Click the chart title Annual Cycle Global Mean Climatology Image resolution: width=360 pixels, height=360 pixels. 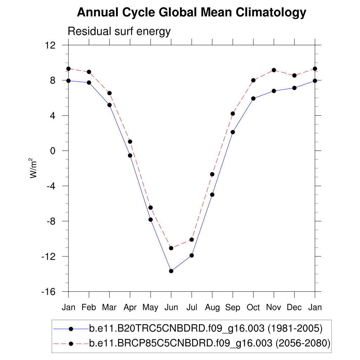tap(192, 13)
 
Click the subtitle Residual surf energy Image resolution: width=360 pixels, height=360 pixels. tap(119, 31)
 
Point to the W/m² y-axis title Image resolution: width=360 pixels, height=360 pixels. tap(33, 168)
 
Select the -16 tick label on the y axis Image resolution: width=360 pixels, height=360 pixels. tap(50, 292)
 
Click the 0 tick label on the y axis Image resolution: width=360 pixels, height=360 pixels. tap(54, 151)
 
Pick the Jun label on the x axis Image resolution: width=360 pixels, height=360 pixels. tap(171, 308)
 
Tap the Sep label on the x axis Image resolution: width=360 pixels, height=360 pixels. tap(233, 308)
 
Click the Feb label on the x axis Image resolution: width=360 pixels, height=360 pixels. tap(89, 308)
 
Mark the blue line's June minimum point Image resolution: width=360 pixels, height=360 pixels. tap(171, 271)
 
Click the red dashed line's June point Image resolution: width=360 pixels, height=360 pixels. tap(171, 248)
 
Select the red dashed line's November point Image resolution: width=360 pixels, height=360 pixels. tap(274, 70)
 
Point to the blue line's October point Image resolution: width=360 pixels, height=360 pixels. tap(253, 98)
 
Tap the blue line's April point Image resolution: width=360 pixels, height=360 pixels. tap(130, 155)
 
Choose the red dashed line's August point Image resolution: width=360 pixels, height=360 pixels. tap(212, 174)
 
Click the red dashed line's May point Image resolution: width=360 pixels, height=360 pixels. tap(150, 208)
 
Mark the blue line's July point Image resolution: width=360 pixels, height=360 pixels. tap(192, 255)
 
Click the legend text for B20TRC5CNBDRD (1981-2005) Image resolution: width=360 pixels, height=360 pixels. tap(206, 329)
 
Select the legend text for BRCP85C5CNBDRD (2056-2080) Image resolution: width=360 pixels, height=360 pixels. tap(210, 343)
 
